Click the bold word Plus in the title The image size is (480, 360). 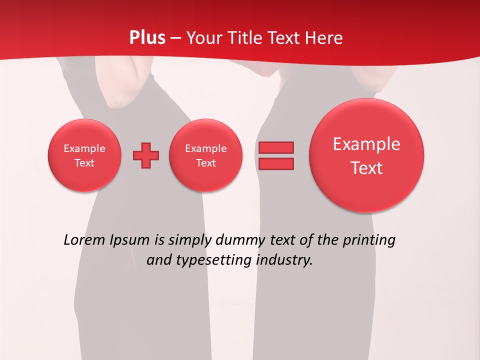147,38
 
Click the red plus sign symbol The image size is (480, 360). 146,155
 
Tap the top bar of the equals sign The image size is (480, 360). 276,147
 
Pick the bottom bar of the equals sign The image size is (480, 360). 276,163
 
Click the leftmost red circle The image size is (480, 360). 84,155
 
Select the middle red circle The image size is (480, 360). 206,155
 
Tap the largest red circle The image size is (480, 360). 366,155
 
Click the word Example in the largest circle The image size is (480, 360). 366,144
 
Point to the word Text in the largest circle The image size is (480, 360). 366,168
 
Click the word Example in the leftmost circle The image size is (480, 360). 84,148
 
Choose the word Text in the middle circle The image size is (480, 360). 206,163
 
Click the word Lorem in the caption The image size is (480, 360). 84,240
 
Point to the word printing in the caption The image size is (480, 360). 369,240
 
